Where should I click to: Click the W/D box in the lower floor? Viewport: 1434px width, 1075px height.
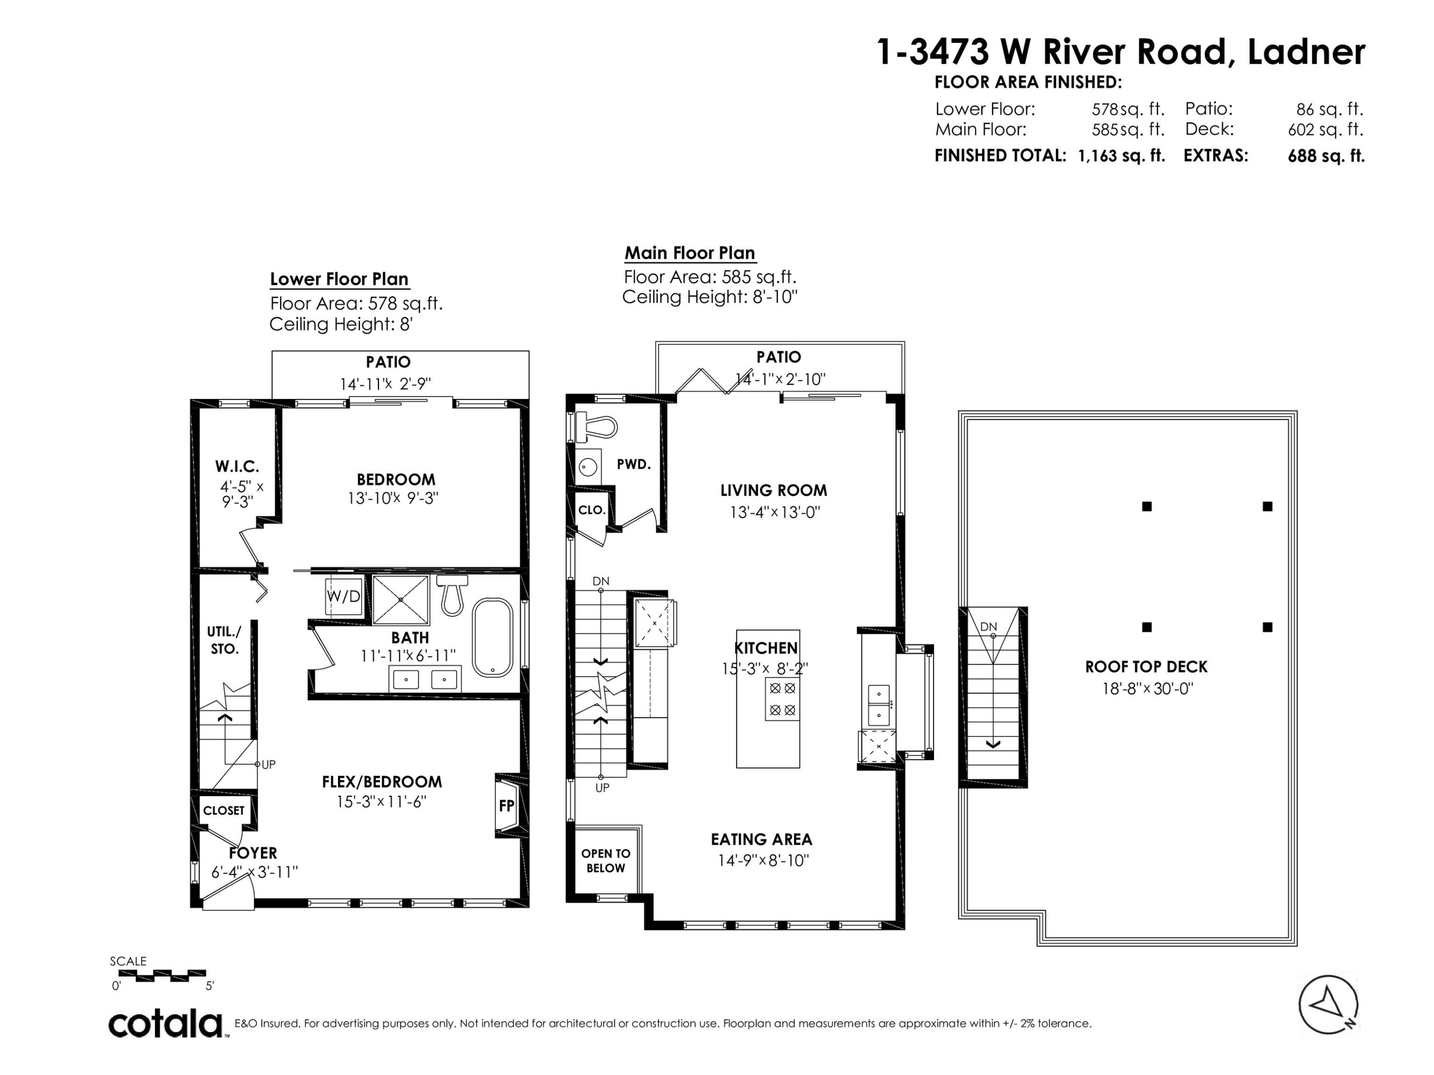pyautogui.click(x=343, y=596)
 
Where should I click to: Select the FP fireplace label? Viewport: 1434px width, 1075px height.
pyautogui.click(x=506, y=806)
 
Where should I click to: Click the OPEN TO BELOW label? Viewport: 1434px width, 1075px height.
pyautogui.click(x=606, y=860)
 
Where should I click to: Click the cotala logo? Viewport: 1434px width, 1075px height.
pyautogui.click(x=165, y=1024)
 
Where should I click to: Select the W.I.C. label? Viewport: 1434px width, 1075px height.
pyautogui.click(x=237, y=466)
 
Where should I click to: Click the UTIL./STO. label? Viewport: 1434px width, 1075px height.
pyautogui.click(x=224, y=640)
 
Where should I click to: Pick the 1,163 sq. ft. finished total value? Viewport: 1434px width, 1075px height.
pyautogui.click(x=1121, y=156)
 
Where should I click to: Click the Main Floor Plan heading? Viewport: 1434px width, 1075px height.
pyautogui.click(x=690, y=253)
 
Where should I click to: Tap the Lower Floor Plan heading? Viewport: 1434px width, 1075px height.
pyautogui.click(x=339, y=279)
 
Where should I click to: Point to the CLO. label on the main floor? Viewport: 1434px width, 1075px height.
pyautogui.click(x=591, y=510)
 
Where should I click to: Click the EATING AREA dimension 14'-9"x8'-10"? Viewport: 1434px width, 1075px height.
pyautogui.click(x=764, y=860)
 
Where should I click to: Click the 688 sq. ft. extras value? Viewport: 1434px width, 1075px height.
pyautogui.click(x=1326, y=156)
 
